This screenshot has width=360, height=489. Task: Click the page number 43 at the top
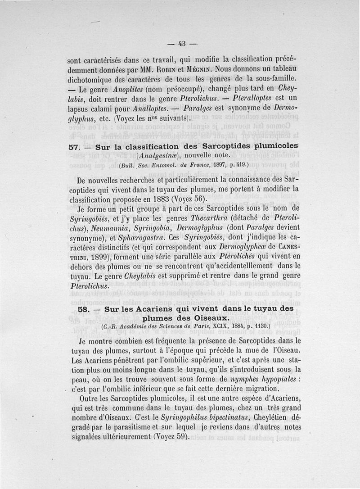pyautogui.click(x=182, y=44)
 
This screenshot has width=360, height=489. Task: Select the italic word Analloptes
pyautogui.click(x=150, y=109)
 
